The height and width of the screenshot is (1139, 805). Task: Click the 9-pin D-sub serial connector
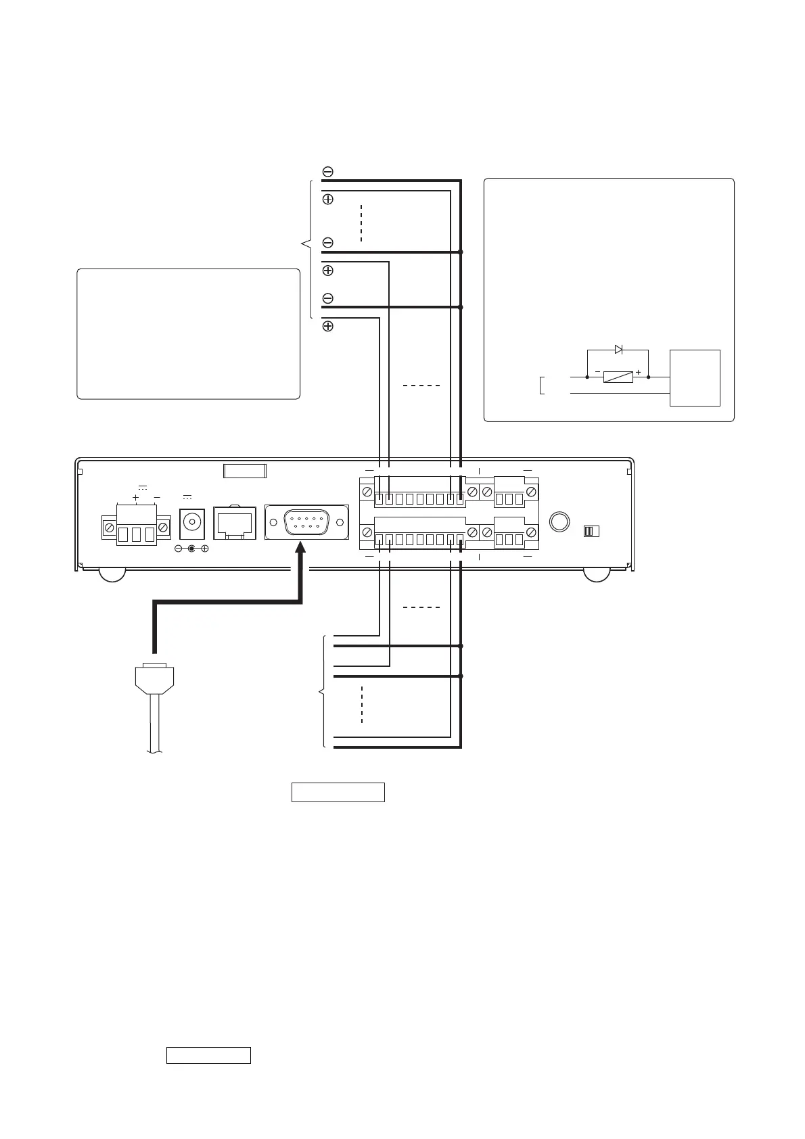[306, 522]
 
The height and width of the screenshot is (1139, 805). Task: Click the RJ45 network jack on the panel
[234, 523]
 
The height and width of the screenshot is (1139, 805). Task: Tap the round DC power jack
[191, 522]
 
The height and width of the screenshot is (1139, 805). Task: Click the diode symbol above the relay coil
[618, 350]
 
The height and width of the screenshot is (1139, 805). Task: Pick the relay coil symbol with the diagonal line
[618, 377]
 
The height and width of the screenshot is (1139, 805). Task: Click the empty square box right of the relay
[695, 377]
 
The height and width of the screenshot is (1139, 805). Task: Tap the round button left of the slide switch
[559, 523]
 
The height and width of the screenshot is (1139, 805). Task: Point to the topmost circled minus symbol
[327, 172]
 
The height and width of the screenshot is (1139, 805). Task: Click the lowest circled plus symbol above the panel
[327, 326]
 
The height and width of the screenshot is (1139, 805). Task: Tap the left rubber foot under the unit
[112, 575]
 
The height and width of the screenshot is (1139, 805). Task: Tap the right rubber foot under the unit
[597, 575]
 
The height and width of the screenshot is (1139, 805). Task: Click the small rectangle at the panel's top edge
[244, 471]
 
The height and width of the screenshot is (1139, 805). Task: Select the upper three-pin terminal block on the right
[509, 497]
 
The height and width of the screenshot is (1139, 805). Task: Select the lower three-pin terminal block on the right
[509, 538]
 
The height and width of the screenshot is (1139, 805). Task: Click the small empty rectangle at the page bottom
[208, 1055]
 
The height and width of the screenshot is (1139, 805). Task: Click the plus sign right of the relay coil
[638, 372]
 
